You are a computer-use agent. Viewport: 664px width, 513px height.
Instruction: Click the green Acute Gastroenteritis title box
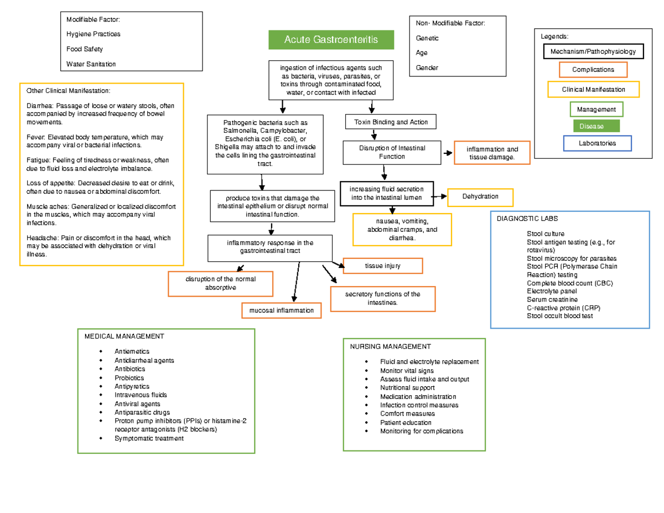(x=331, y=39)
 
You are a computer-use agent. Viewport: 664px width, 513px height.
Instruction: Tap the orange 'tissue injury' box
(x=382, y=266)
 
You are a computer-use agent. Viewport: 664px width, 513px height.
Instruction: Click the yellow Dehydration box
(x=480, y=196)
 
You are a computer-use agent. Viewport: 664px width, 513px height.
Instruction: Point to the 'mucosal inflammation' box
(x=281, y=311)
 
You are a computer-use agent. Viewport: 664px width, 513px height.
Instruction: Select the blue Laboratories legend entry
(x=597, y=143)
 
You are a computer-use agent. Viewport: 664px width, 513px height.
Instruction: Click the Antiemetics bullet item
(x=132, y=351)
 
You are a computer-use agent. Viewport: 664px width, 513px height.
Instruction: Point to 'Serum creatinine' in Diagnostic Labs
(x=553, y=299)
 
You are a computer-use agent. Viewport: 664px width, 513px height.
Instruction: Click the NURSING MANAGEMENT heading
(x=390, y=347)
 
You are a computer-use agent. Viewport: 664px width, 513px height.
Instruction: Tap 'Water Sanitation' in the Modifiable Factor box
(x=91, y=64)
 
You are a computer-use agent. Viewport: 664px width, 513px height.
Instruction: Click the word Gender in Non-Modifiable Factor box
(x=427, y=68)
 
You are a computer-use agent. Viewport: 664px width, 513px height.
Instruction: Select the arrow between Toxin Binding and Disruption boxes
(x=375, y=134)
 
